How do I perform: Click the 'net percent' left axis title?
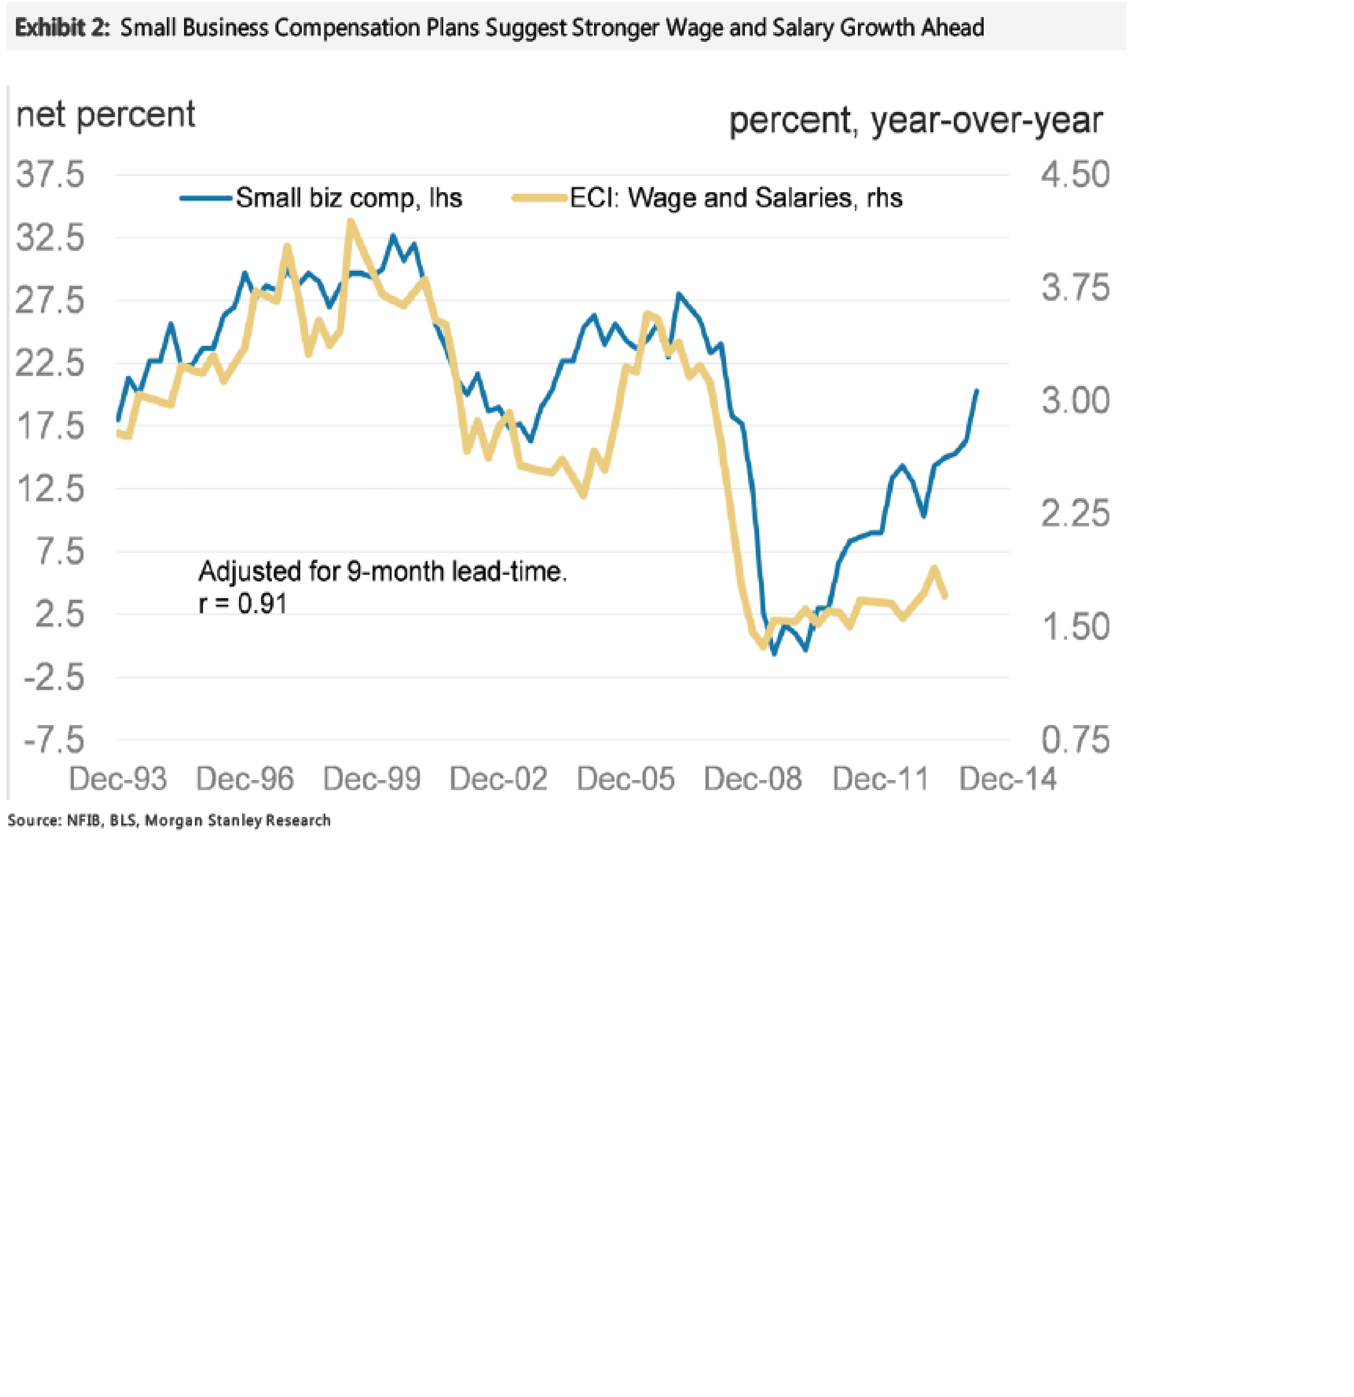[106, 114]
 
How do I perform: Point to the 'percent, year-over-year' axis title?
[916, 120]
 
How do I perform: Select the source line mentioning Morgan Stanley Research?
[169, 820]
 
